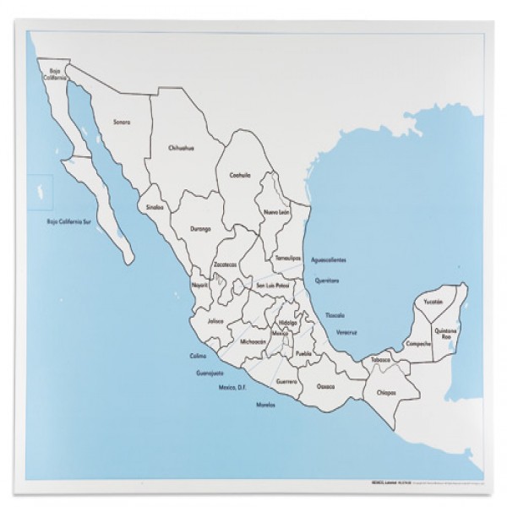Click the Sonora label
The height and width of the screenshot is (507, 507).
[x=122, y=122]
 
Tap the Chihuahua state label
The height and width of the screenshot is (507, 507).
[x=182, y=146]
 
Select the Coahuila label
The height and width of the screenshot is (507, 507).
[x=241, y=175]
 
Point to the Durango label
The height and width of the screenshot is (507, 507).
[x=200, y=227]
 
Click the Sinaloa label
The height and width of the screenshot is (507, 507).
[x=154, y=206]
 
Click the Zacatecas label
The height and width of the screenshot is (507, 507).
[x=225, y=264]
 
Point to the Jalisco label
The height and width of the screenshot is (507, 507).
[x=215, y=320]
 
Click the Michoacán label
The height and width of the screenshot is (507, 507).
[x=253, y=341]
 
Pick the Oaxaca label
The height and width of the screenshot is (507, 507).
[x=325, y=386]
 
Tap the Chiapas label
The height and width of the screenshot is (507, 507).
[x=386, y=392]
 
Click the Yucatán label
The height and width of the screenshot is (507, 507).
[x=433, y=302]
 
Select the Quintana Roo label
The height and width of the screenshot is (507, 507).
[x=445, y=333]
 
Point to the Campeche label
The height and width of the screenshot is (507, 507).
[x=417, y=344]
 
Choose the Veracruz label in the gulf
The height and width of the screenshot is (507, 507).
[x=346, y=332]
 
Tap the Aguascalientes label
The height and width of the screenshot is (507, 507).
[x=329, y=259]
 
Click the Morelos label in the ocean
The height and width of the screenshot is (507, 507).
[x=265, y=405]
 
